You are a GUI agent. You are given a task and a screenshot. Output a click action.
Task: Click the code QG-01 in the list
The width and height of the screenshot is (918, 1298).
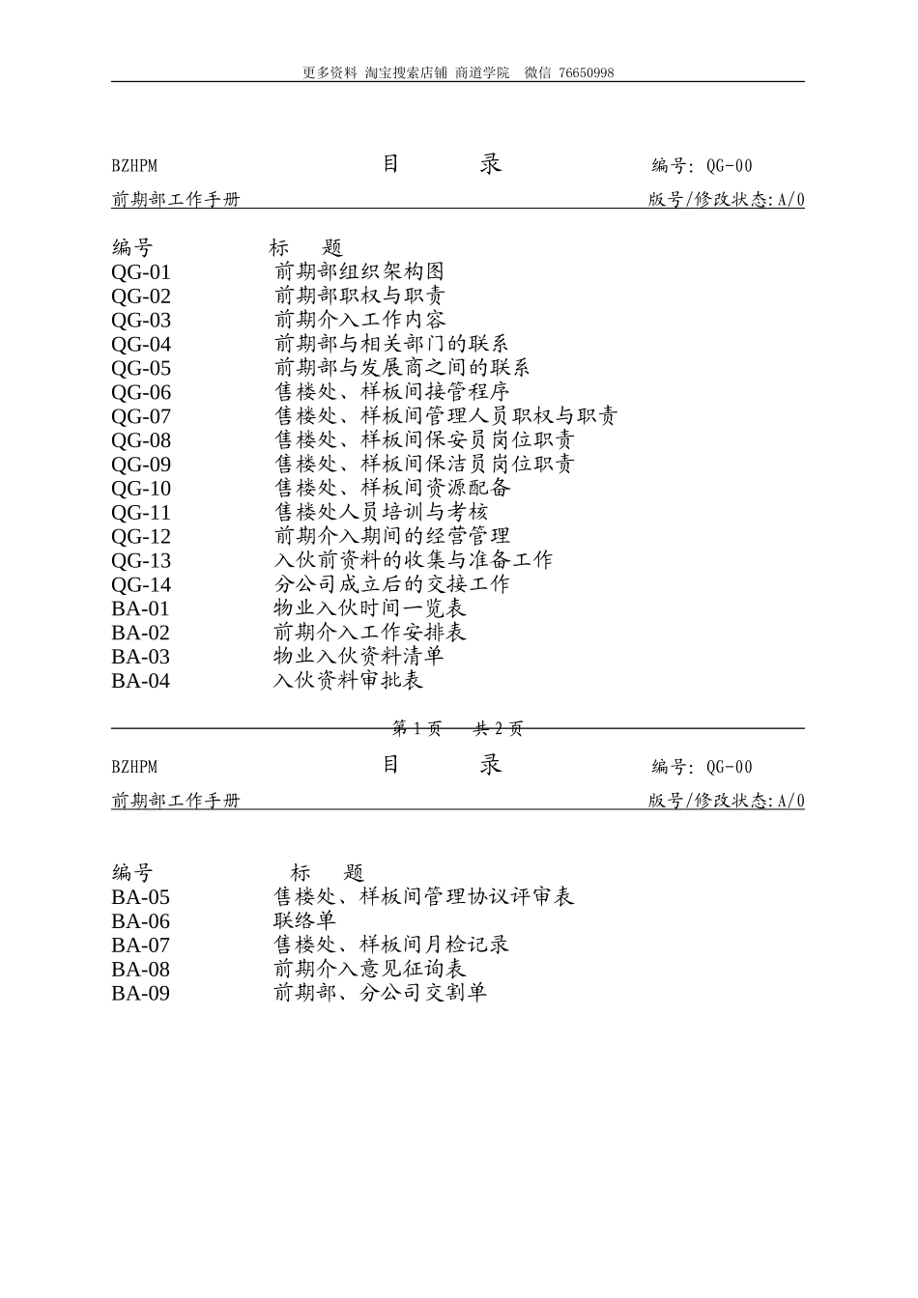coord(141,272)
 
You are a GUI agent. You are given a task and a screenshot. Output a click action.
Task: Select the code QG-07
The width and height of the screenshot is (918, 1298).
coord(141,417)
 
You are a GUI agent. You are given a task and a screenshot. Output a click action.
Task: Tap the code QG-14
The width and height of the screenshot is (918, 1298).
coord(141,585)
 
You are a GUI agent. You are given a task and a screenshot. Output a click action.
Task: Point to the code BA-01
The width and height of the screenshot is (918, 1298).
coord(140,608)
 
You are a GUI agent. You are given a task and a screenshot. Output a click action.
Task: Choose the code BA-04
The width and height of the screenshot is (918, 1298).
coord(140,681)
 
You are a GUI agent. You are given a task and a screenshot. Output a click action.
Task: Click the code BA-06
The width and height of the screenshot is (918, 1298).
coord(140,921)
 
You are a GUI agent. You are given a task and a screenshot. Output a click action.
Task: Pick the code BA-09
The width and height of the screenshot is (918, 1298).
coord(140,994)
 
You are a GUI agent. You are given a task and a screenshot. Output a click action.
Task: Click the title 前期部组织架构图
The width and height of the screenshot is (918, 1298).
coord(359,271)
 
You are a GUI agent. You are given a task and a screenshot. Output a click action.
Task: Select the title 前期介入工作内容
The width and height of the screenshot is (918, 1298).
coord(359,320)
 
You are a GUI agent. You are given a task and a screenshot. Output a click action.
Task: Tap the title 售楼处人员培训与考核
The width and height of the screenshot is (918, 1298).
coord(382,512)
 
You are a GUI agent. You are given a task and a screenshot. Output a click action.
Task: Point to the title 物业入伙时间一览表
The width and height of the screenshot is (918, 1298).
coord(370,608)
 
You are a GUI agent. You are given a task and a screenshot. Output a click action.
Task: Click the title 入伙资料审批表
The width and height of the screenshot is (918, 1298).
coord(349,681)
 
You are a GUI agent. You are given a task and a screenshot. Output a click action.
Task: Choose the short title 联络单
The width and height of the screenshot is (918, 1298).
coord(305,921)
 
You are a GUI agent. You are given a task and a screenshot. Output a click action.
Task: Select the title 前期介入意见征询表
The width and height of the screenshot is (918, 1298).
coord(370,969)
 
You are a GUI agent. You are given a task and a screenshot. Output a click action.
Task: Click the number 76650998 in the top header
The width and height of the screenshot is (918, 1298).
coord(586,72)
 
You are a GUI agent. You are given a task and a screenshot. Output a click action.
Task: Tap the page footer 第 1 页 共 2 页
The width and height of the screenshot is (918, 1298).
coord(458,729)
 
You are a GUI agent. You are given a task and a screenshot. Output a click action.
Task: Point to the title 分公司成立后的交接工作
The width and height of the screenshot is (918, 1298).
coord(392,584)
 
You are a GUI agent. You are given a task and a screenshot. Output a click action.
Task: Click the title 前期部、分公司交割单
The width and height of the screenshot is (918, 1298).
coord(381,993)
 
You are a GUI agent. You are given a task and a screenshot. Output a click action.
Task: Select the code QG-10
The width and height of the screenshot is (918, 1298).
coord(141,489)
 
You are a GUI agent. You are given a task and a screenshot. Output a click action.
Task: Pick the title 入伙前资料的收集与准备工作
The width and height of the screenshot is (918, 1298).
coord(414,560)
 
